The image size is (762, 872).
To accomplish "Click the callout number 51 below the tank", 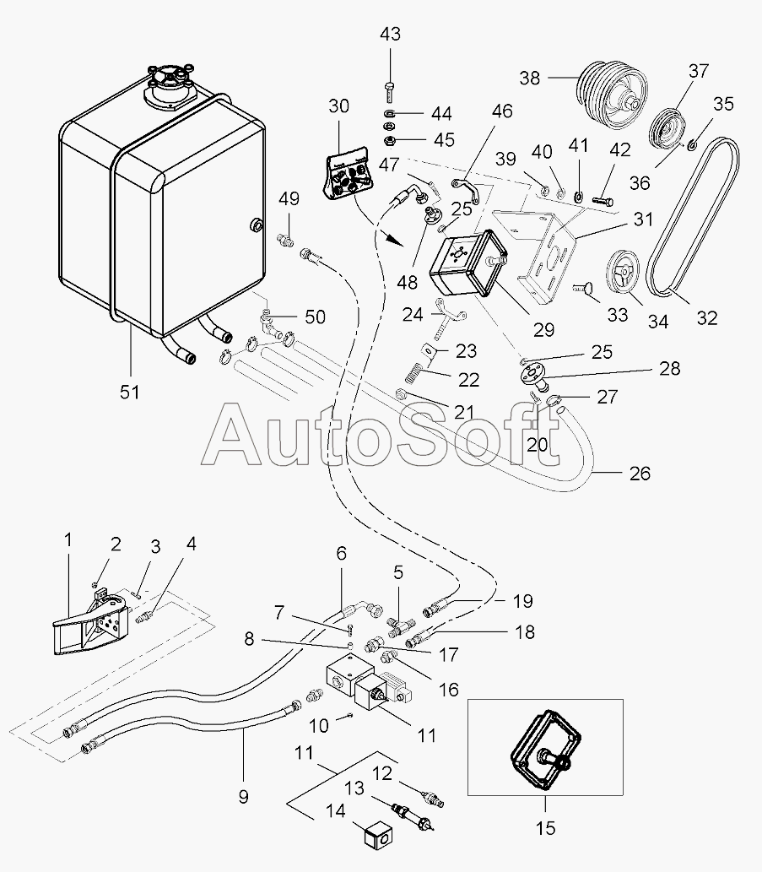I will pyautogui.click(x=129, y=392).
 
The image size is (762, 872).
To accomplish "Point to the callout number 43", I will pyautogui.click(x=390, y=35).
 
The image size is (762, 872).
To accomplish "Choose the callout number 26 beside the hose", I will pyautogui.click(x=640, y=473).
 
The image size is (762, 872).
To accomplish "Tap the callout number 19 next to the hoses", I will pyautogui.click(x=523, y=601).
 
